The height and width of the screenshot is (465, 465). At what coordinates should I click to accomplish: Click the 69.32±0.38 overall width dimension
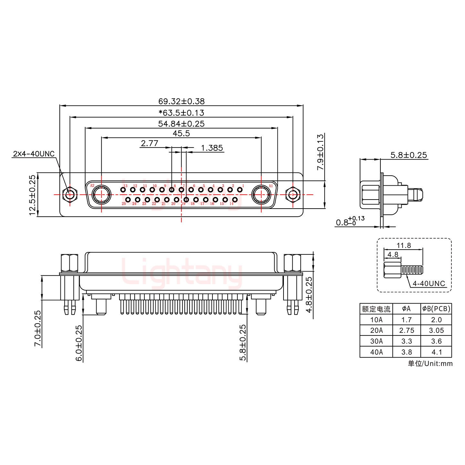coord(181,101)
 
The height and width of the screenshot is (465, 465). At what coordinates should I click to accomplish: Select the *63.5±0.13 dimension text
coord(181,113)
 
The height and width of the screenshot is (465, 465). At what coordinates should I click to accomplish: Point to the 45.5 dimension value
coord(181,133)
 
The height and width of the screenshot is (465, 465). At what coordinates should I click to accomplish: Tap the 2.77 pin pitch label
coord(150,143)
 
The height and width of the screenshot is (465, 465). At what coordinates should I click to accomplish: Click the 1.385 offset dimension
coord(212,148)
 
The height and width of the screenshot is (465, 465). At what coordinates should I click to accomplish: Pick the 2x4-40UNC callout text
coord(34,154)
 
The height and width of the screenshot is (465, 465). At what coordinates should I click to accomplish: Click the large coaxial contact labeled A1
coord(261,195)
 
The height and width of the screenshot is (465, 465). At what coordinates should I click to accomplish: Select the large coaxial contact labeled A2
coord(101,195)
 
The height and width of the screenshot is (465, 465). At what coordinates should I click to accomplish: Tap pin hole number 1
coord(240,190)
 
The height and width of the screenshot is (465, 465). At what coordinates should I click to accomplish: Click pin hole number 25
coord(128,200)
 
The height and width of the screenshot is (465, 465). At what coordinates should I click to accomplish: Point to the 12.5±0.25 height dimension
coord(32,195)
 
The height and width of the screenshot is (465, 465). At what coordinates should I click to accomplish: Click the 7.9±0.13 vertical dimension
coord(320,152)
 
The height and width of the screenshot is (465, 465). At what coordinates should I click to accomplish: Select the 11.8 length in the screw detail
coord(404,245)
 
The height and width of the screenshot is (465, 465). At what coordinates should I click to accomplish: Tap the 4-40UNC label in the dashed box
coord(429,284)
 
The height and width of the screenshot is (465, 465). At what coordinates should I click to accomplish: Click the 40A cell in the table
coord(376,352)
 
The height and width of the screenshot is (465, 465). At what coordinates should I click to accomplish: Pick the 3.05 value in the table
coord(436,330)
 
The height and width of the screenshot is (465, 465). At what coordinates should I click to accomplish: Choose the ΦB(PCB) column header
coord(436,309)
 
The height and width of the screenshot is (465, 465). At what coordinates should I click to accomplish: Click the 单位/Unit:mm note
coord(430,364)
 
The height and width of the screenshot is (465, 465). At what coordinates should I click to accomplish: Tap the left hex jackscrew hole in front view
coord(69,195)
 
